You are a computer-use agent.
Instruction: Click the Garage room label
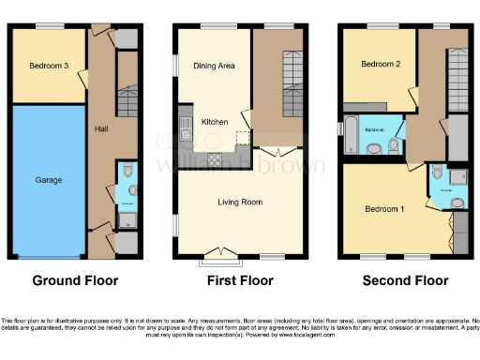point(49,178)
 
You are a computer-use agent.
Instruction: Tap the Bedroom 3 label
point(49,66)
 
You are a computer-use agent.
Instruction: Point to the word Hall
point(102,130)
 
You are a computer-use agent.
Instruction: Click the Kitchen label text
point(215,122)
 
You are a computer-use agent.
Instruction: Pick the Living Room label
point(238,202)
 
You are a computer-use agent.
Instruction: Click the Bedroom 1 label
point(384,208)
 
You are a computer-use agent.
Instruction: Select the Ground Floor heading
point(74,280)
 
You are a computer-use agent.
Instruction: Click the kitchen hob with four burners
point(214,157)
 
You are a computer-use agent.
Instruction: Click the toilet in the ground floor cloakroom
point(130,190)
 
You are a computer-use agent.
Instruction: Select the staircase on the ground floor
point(126,94)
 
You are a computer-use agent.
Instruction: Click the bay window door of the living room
point(218,250)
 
